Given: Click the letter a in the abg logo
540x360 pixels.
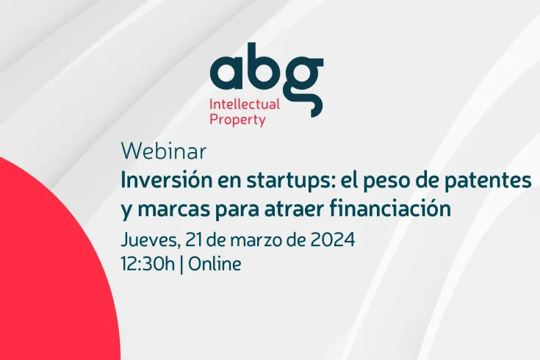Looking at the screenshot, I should click(x=228, y=72).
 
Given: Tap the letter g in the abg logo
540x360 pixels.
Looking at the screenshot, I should click(x=301, y=81).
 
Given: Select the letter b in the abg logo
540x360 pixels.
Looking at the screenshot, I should click(x=264, y=65).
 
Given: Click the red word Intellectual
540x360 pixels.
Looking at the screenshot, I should click(x=245, y=104).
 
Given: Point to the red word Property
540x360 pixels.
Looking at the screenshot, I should click(x=237, y=120).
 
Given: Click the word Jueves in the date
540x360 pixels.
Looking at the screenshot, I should click(x=148, y=240).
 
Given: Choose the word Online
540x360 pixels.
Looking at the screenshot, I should click(x=215, y=264).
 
